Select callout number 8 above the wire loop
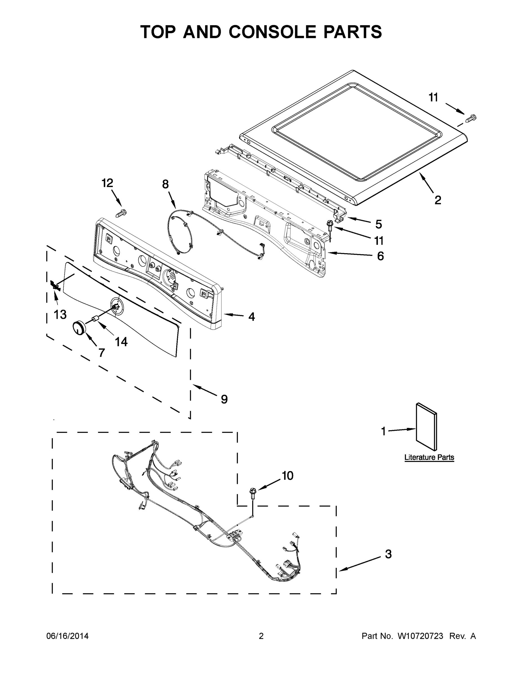click(165, 184)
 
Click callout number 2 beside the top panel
click(438, 200)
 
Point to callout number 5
click(378, 224)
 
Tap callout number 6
click(380, 256)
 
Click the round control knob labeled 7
click(79, 328)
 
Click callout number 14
click(121, 342)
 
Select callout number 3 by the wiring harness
click(388, 554)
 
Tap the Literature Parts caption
click(429, 457)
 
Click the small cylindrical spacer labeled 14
click(95, 319)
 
